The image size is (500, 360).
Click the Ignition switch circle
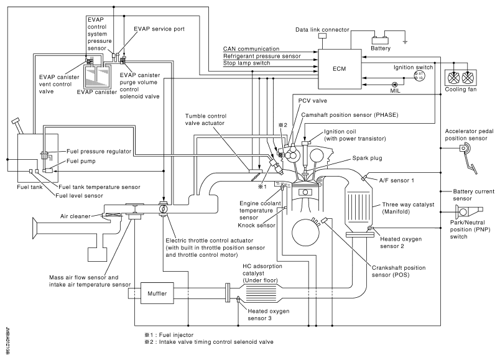419,75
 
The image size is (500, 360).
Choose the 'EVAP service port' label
158,29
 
